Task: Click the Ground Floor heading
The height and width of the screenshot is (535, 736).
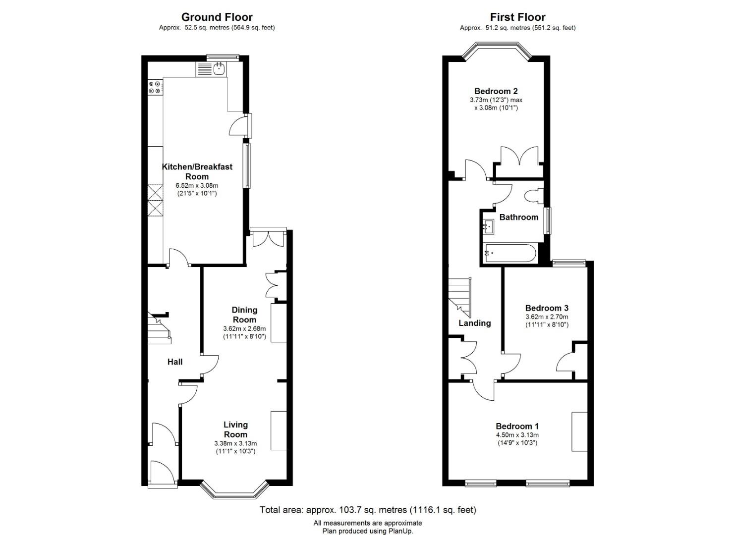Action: pyautogui.click(x=217, y=17)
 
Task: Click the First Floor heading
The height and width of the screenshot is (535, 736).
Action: pyautogui.click(x=517, y=17)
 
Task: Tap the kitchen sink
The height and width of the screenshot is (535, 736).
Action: pyautogui.click(x=219, y=69)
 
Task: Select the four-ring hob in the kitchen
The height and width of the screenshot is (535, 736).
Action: pyautogui.click(x=155, y=87)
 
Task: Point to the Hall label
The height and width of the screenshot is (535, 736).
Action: pyautogui.click(x=175, y=362)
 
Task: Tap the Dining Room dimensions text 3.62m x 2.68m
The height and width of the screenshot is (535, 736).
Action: pyautogui.click(x=244, y=328)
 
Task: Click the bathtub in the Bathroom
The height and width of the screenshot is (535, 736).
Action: pyautogui.click(x=510, y=253)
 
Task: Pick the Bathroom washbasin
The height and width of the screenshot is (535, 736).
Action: pyautogui.click(x=488, y=226)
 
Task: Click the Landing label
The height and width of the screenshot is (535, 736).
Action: pyautogui.click(x=475, y=323)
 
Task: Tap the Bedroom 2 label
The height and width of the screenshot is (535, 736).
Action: pyautogui.click(x=496, y=91)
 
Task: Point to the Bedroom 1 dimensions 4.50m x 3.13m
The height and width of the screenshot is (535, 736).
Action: pyautogui.click(x=517, y=435)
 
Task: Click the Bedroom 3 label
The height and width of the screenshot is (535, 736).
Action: pyautogui.click(x=547, y=308)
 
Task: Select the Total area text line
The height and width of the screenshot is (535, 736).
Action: pyautogui.click(x=368, y=510)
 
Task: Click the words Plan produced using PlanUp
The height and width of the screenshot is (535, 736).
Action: pyautogui.click(x=368, y=531)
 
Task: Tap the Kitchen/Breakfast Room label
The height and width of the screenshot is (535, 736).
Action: pyautogui.click(x=197, y=171)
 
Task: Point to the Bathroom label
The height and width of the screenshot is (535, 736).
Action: pyautogui.click(x=519, y=217)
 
